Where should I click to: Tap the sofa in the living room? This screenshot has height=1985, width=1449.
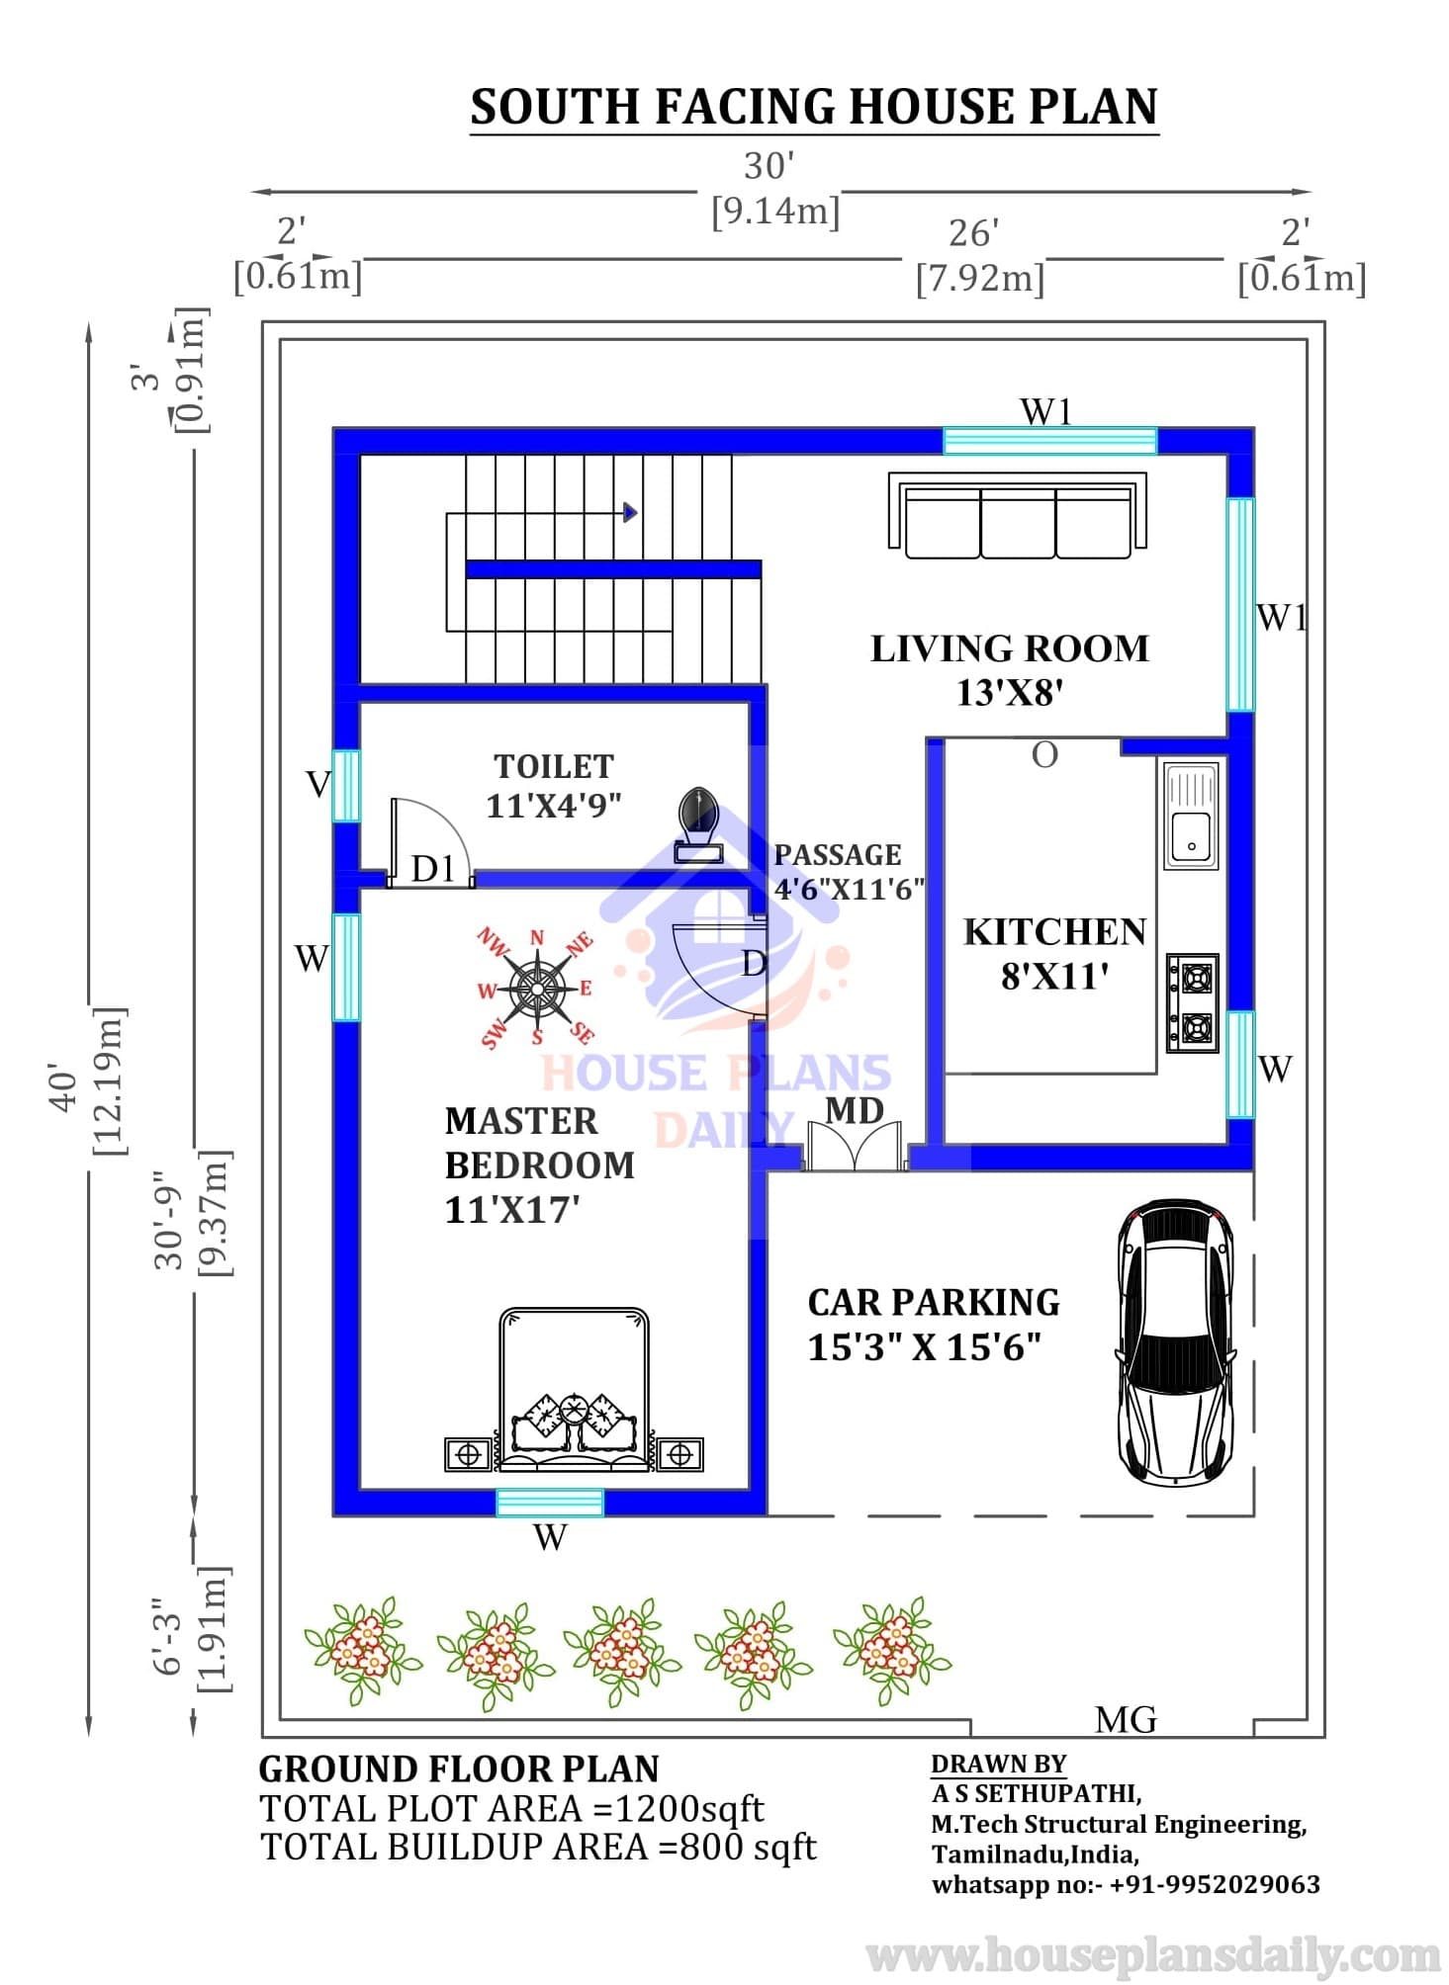tap(1018, 516)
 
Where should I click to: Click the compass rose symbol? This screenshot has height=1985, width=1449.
tap(537, 988)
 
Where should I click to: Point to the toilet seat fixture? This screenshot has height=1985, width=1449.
tap(698, 825)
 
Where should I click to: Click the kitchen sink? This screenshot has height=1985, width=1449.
tap(1191, 816)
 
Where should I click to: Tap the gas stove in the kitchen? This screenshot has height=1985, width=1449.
tap(1192, 1002)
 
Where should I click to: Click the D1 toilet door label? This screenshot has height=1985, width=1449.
tap(433, 868)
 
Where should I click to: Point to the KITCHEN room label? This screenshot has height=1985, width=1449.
tap(1054, 932)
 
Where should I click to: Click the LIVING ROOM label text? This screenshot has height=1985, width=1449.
tap(1010, 648)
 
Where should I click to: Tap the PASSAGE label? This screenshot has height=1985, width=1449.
tap(838, 854)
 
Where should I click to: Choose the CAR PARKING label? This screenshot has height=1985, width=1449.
tap(934, 1302)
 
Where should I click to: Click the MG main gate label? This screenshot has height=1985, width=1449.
tap(1126, 1720)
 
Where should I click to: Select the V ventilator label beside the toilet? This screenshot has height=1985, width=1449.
tap(317, 784)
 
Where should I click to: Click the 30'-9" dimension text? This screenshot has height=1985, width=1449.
tap(169, 1226)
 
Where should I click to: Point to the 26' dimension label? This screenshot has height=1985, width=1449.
tap(974, 233)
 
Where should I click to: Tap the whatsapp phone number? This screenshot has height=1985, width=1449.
tap(1215, 1884)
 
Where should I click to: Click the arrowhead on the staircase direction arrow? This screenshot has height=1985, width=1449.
tap(630, 512)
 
